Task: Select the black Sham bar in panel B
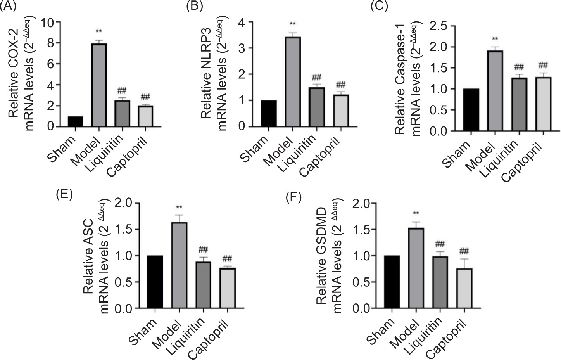tap(269, 113)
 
